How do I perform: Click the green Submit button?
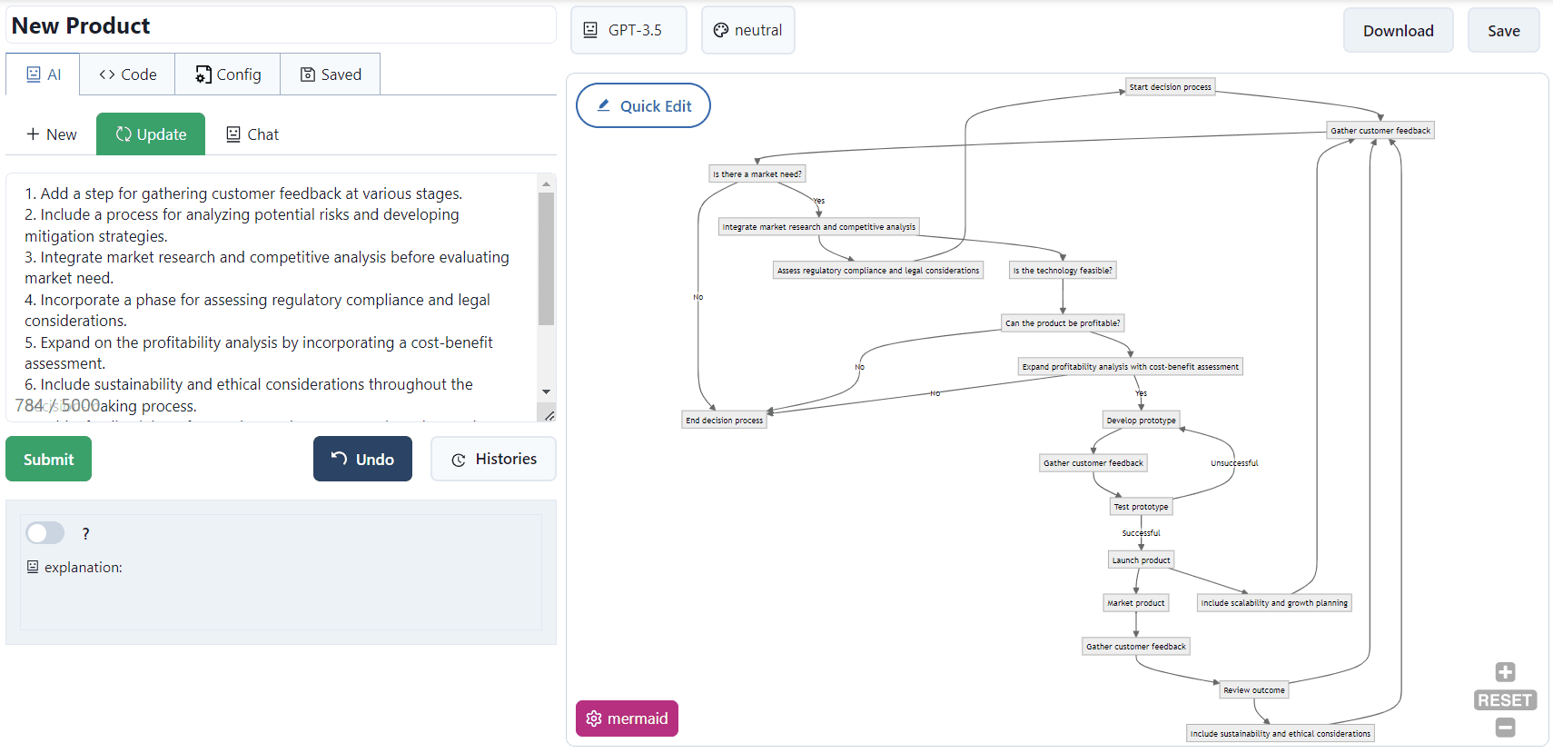pos(48,459)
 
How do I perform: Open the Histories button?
pos(493,459)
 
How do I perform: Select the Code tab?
pos(127,74)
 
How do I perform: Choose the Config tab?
pos(228,74)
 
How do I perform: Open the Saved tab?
pos(331,74)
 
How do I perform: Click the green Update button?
pos(151,134)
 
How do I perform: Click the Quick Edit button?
pos(643,106)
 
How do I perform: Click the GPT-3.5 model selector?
pos(628,30)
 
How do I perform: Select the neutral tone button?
pos(747,30)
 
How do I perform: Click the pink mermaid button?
pos(627,718)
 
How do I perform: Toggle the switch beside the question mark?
pos(45,533)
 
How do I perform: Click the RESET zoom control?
pos(1505,700)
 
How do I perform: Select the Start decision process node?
pos(1170,87)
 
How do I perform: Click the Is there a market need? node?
pos(757,173)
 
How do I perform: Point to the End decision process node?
pos(724,420)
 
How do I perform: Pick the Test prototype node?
pos(1141,507)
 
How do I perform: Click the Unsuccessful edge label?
pos(1233,463)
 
